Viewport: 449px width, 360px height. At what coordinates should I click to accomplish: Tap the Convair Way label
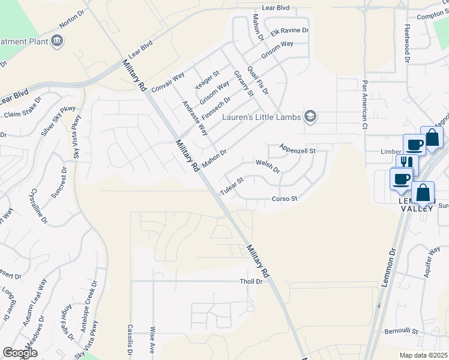click(168, 80)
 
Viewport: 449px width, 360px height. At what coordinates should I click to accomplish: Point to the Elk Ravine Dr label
click(289, 31)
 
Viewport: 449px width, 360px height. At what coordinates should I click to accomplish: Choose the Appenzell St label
click(297, 149)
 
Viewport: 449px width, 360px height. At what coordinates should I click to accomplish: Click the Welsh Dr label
click(268, 166)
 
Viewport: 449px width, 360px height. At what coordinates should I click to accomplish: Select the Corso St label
click(285, 199)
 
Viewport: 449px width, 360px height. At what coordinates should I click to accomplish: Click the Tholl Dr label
click(252, 281)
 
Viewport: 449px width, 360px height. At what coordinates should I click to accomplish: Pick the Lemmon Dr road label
click(388, 266)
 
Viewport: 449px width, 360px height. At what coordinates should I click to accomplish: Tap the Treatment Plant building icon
click(58, 40)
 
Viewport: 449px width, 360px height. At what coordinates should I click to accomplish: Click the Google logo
click(20, 353)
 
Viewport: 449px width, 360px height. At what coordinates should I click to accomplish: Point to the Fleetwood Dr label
click(407, 44)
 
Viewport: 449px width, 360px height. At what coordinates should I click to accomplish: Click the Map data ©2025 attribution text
click(423, 355)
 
